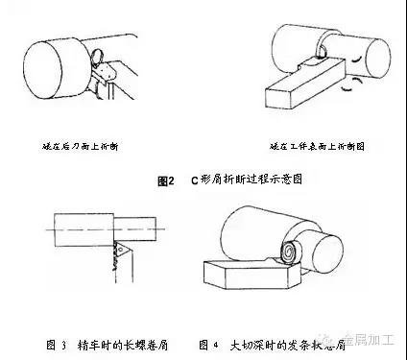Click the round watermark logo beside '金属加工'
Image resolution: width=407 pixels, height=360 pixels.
pyautogui.click(x=332, y=338)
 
